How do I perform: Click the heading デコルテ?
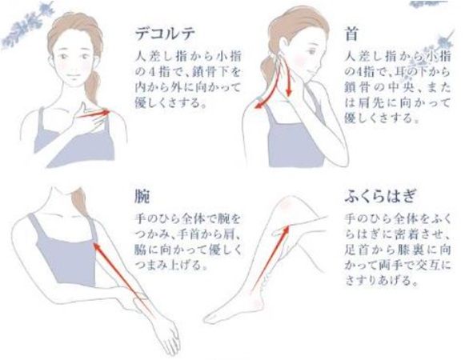coord(165,34)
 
